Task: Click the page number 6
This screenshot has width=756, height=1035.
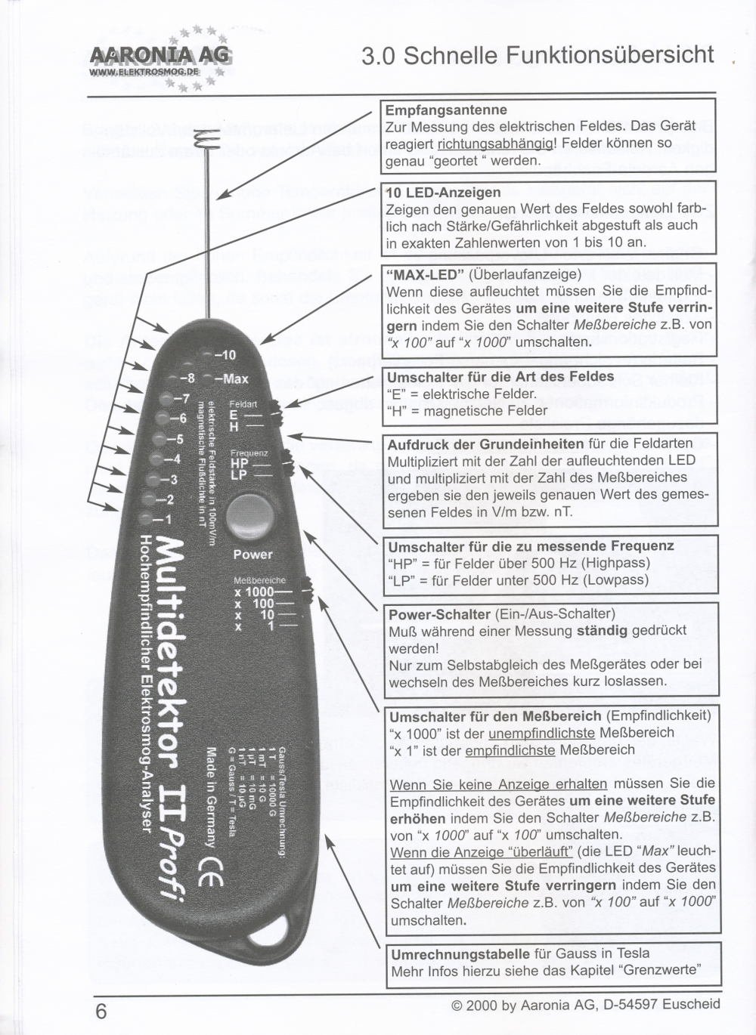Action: click(x=101, y=1012)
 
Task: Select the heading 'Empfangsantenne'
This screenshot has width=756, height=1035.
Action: click(x=446, y=110)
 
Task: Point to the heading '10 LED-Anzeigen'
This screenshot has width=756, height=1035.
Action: click(x=443, y=192)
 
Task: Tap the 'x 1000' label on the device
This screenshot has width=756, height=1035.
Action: click(x=253, y=592)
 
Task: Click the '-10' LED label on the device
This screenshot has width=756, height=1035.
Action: click(x=225, y=355)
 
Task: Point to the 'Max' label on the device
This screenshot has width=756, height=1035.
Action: click(x=235, y=378)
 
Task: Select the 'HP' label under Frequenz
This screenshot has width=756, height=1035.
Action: click(x=239, y=464)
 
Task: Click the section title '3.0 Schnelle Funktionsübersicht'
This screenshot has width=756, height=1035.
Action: click(x=538, y=55)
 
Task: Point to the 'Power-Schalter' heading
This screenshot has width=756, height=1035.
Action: click(x=439, y=614)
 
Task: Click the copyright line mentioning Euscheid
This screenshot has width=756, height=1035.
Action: click(x=585, y=1005)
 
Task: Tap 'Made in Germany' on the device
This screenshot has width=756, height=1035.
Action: click(x=212, y=797)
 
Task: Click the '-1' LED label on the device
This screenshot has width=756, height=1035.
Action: click(x=163, y=520)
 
